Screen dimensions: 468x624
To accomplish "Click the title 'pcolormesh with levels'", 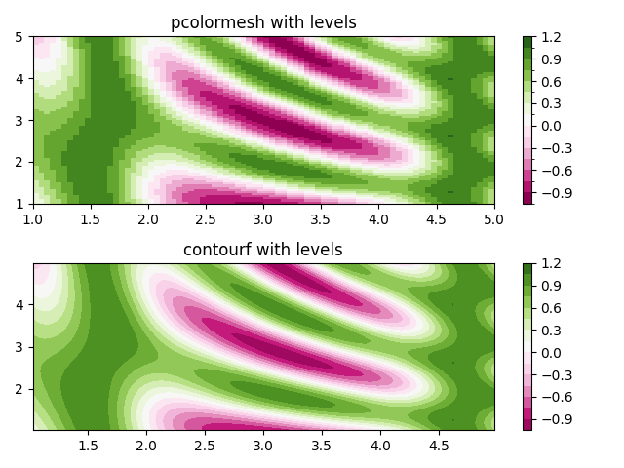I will tap(263, 22).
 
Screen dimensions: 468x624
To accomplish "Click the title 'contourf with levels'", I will tap(263, 250).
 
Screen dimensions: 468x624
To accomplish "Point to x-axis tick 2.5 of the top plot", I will tap(207, 219).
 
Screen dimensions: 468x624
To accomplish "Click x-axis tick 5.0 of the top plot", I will tap(494, 219).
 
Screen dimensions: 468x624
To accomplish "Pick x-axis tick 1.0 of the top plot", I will tap(33, 219).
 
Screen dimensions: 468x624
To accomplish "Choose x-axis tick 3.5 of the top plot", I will tap(322, 219).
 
